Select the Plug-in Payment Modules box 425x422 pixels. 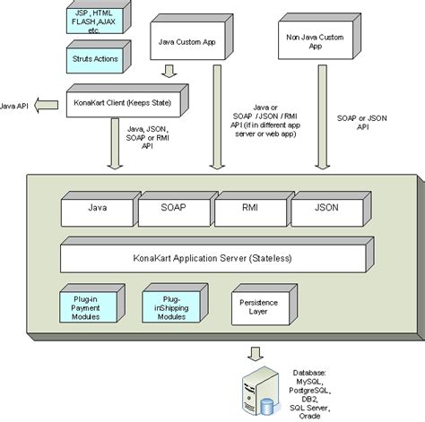pos(95,303)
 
